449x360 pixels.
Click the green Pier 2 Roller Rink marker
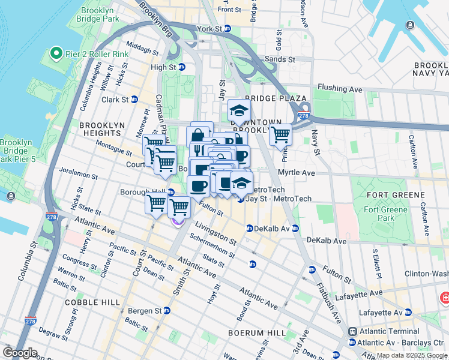coord(57,54)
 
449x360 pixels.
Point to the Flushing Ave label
coord(340,89)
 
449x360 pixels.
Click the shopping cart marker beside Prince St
coord(280,135)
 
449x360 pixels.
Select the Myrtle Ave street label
coord(296,172)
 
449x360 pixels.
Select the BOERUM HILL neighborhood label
coord(256,332)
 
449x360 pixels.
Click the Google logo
coord(20,353)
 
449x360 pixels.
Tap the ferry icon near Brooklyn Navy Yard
coord(410,25)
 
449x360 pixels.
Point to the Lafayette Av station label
coord(379,312)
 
